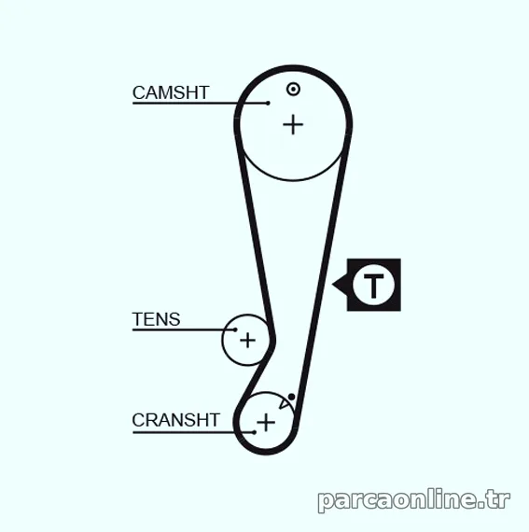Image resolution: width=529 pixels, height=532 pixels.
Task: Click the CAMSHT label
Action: pyautogui.click(x=171, y=92)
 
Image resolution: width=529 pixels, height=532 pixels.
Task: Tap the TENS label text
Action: pyautogui.click(x=156, y=319)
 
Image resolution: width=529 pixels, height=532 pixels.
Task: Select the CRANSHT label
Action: pyautogui.click(x=175, y=420)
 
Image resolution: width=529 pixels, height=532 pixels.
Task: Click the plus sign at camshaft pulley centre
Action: pyautogui.click(x=293, y=124)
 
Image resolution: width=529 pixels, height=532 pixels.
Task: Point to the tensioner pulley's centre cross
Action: pyautogui.click(x=247, y=341)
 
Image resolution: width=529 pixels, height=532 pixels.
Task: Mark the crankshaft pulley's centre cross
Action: pyautogui.click(x=266, y=423)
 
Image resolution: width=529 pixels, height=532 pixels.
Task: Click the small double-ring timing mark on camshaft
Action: pyautogui.click(x=293, y=90)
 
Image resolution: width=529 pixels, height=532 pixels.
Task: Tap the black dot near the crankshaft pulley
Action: pyautogui.click(x=291, y=397)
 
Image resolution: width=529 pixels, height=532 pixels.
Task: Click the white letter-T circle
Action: pyautogui.click(x=373, y=285)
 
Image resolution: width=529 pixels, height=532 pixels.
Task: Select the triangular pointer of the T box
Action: pyautogui.click(x=341, y=285)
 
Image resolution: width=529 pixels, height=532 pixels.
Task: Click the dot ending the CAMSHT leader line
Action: pyautogui.click(x=268, y=103)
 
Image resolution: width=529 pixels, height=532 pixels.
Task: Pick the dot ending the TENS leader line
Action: pyautogui.click(x=235, y=329)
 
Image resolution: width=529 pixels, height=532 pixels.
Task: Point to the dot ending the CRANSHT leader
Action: pyautogui.click(x=255, y=432)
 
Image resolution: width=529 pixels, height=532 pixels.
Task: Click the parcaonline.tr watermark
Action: pyautogui.click(x=414, y=501)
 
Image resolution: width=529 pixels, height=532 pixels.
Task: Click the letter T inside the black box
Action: pyautogui.click(x=373, y=286)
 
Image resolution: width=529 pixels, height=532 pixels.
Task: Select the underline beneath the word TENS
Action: pyautogui.click(x=184, y=329)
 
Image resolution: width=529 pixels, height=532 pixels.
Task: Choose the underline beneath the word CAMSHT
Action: pyautogui.click(x=200, y=103)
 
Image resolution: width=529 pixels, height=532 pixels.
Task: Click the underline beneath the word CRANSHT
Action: pyautogui.click(x=194, y=432)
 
